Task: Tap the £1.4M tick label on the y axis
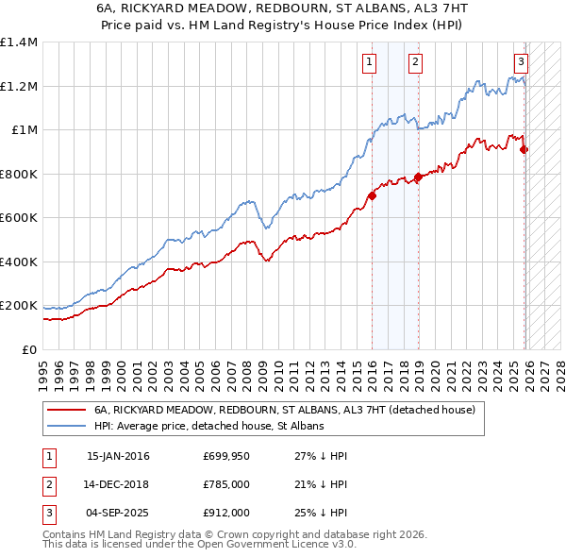[19, 42]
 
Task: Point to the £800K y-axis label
[19, 174]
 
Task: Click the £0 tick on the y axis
[29, 349]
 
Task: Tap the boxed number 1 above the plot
[368, 63]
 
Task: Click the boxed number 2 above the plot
[415, 63]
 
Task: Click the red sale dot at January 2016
[372, 196]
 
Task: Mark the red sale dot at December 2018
[418, 177]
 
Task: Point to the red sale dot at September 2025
[524, 149]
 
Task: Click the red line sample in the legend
[67, 411]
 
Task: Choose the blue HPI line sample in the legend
[67, 427]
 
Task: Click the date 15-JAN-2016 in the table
[118, 456]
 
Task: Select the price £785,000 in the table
[226, 484]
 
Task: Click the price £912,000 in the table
[226, 513]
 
